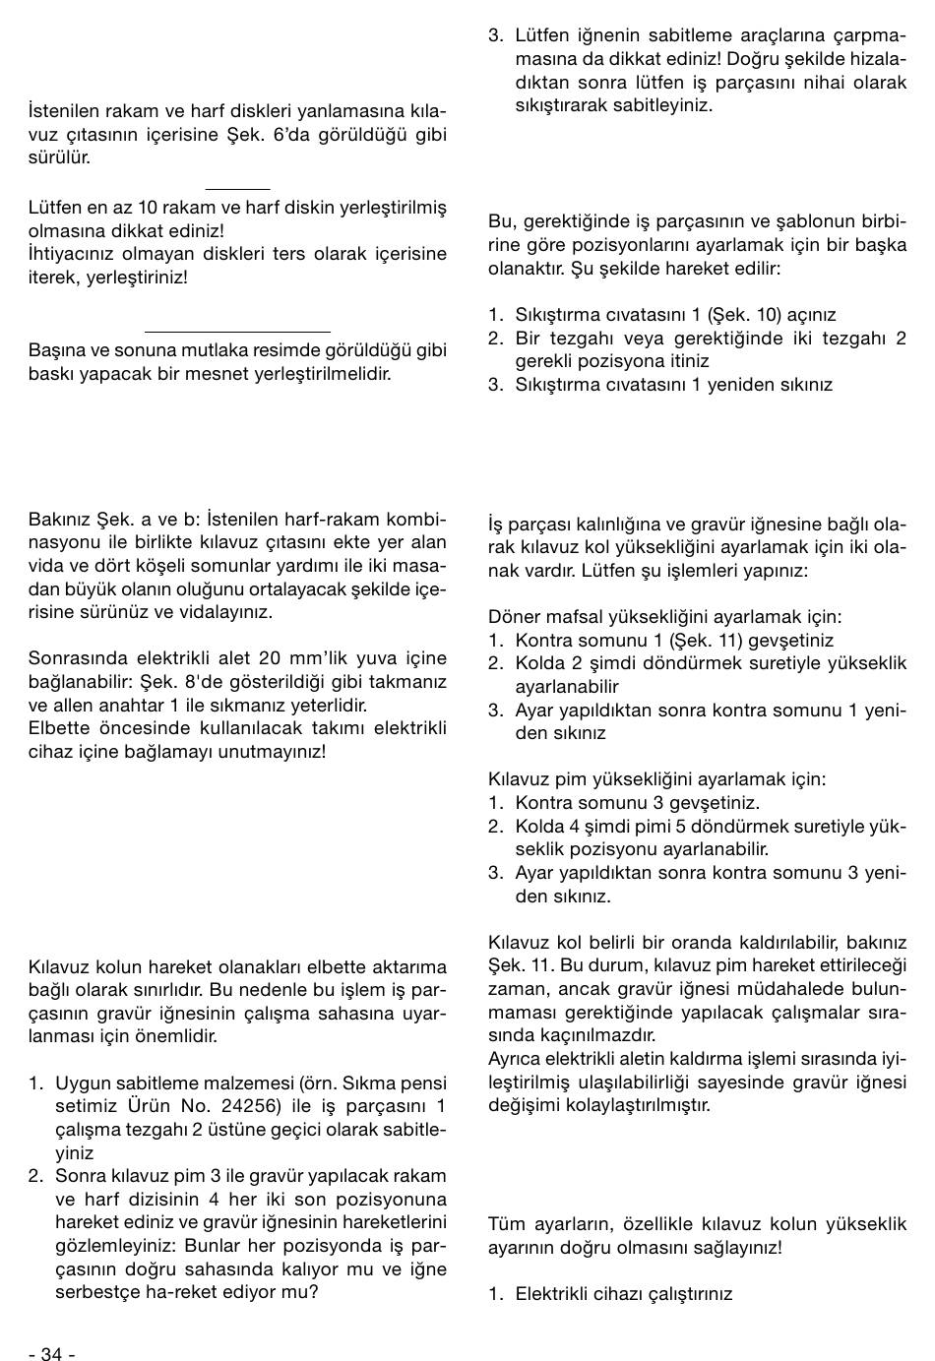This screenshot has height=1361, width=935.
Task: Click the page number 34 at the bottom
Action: [x=51, y=1354]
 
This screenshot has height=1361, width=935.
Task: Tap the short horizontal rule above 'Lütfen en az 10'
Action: [x=237, y=187]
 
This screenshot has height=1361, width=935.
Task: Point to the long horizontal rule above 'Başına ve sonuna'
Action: [x=237, y=332]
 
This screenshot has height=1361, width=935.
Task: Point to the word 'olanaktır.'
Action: [x=530, y=268]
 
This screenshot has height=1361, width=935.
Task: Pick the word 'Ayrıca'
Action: [x=516, y=1059]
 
